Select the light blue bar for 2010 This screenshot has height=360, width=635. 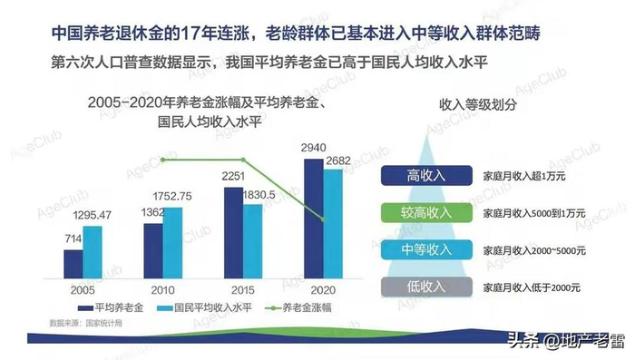(x=171, y=243)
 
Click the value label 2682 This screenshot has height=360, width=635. (x=341, y=161)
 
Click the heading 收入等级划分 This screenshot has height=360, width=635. (x=478, y=105)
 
